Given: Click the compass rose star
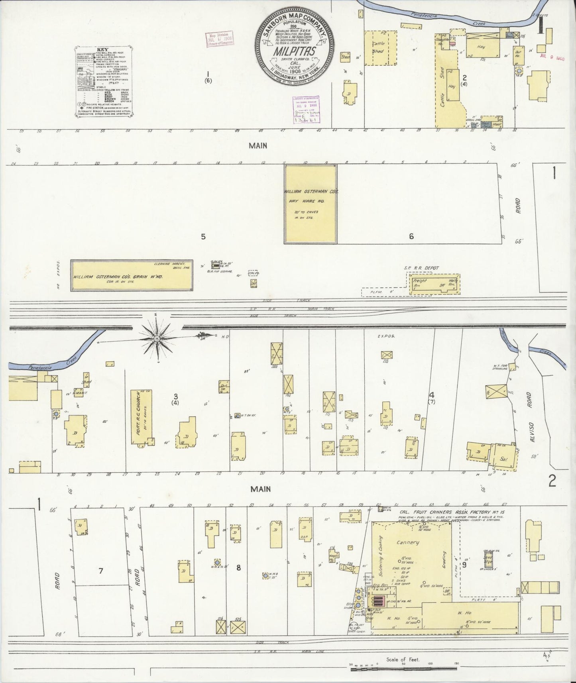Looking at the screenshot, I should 157,339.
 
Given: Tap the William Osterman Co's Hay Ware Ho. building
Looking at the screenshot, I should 311,204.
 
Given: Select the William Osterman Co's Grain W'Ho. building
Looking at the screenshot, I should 132,276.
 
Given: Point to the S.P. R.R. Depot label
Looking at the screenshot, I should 422,268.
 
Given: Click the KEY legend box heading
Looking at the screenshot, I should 103,50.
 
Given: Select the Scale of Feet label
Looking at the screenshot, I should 403,659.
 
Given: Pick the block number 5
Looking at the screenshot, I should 203,237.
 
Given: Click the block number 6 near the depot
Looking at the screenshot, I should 411,237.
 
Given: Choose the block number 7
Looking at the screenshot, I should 101,571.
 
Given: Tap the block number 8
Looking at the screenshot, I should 238,568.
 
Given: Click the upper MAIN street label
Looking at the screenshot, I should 258,146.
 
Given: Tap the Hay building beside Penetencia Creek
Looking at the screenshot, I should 481,47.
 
